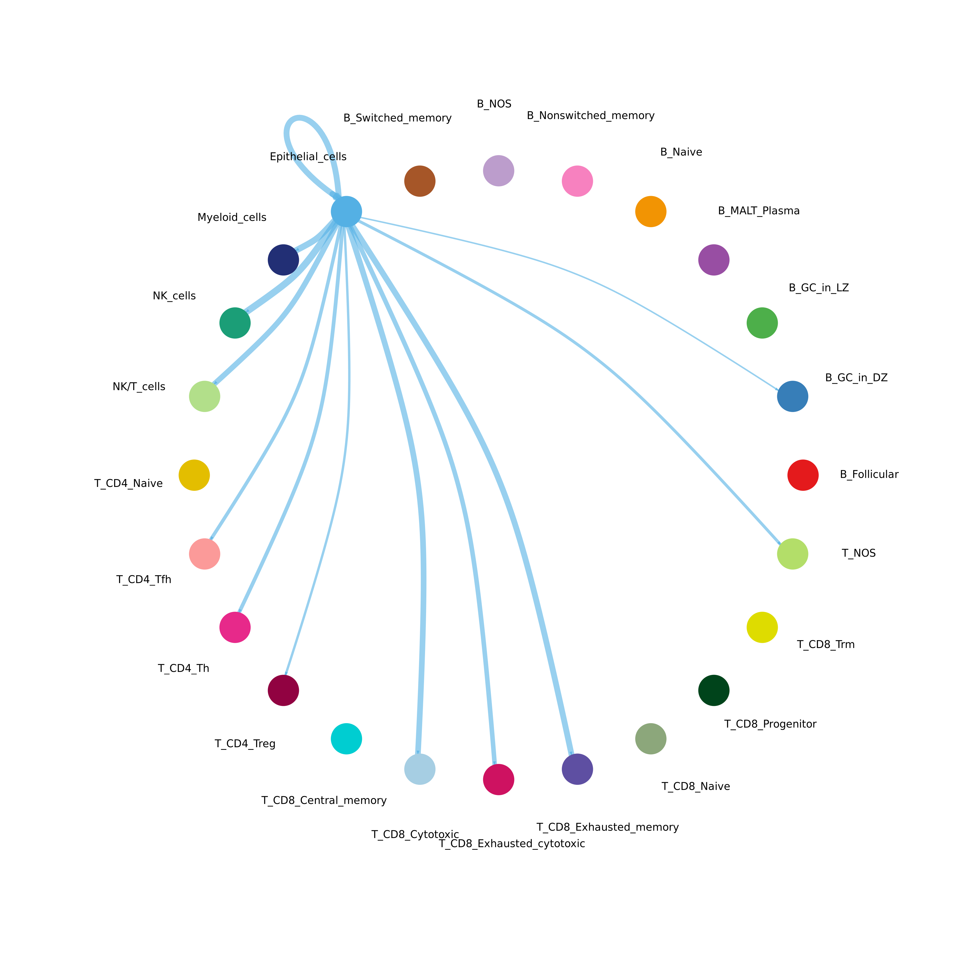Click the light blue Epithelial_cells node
tap(346, 211)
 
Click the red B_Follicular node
tap(803, 475)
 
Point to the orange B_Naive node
tap(651, 211)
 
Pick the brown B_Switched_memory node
tap(420, 181)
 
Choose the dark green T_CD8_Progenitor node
tap(714, 690)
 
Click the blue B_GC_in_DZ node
tap(792, 396)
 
